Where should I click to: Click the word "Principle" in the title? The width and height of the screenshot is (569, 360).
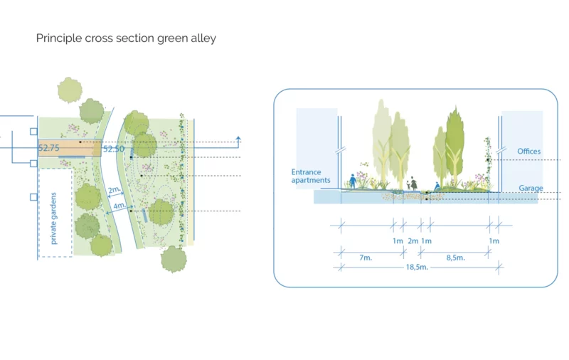tap(59, 38)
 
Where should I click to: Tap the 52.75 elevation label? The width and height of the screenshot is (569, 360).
tap(48, 148)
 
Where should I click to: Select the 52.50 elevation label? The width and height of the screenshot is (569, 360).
tap(114, 149)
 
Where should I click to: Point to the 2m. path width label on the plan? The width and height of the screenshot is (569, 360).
tap(115, 190)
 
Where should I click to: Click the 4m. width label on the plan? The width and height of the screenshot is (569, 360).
tap(119, 206)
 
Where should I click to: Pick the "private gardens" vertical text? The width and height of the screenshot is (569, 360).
tap(53, 218)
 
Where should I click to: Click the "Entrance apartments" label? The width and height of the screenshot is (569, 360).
tap(311, 176)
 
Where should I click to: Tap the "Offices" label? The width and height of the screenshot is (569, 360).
tap(528, 152)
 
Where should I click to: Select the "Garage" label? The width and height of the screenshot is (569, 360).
tap(531, 188)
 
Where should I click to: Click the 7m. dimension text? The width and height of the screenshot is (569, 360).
tap(366, 258)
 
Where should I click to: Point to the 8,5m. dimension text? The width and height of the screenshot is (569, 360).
tap(455, 258)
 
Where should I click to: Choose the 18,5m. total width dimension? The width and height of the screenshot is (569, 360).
tap(417, 267)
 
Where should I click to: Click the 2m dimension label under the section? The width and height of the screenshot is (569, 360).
tap(413, 241)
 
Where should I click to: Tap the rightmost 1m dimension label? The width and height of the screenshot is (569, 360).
tap(494, 241)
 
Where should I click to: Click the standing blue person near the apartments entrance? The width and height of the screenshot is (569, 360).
tap(352, 181)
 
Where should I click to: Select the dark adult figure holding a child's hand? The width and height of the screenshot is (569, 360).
tap(413, 184)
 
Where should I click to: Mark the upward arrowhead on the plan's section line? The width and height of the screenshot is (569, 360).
tap(238, 139)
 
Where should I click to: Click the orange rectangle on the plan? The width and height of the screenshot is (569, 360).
tap(70, 148)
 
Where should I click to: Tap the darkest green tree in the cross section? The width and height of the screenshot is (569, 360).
tap(454, 145)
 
